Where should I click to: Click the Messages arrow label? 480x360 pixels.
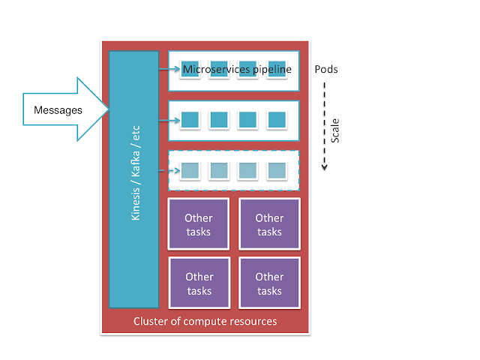pyautogui.click(x=58, y=111)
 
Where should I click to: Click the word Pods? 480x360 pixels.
pyautogui.click(x=327, y=69)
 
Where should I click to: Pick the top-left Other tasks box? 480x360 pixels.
pyautogui.click(x=198, y=225)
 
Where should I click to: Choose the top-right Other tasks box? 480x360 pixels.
pyautogui.click(x=269, y=225)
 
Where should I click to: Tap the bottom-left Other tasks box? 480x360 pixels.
pyautogui.click(x=198, y=283)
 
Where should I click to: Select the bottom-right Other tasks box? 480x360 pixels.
pyautogui.click(x=269, y=283)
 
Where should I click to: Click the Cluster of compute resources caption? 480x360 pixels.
pyautogui.click(x=205, y=322)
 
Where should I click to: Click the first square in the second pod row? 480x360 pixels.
pyautogui.click(x=190, y=119)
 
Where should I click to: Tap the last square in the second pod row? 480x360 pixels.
pyautogui.click(x=277, y=119)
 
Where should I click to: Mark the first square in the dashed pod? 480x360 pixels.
pyautogui.click(x=190, y=170)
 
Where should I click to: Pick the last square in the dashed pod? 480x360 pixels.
pyautogui.click(x=277, y=170)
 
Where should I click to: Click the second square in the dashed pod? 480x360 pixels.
pyautogui.click(x=219, y=170)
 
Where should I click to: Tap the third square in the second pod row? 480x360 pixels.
pyautogui.click(x=248, y=119)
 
